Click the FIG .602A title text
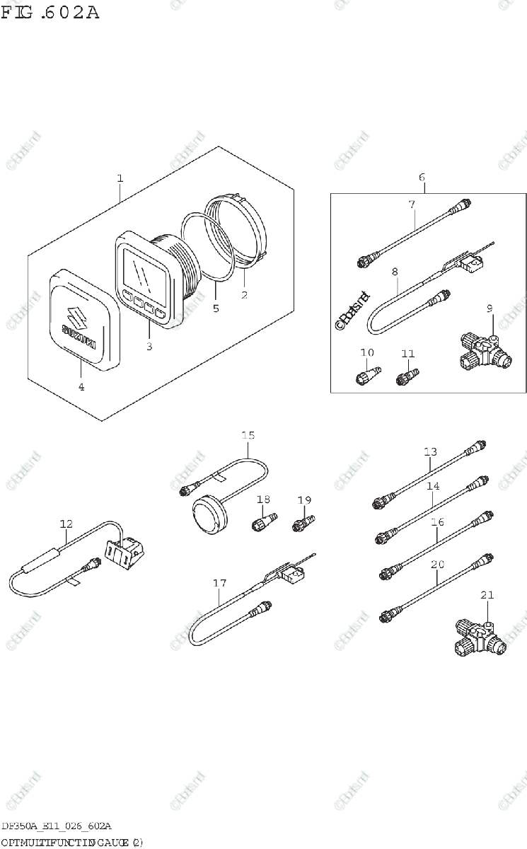coord(51,12)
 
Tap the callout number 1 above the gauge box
coord(120,178)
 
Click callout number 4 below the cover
coord(81,387)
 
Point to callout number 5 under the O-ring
coord(216,308)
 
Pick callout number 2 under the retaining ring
coord(244,295)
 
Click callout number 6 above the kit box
coord(422,178)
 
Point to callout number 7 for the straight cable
coord(411,204)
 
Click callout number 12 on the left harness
coord(66,524)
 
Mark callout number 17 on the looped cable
coord(220,584)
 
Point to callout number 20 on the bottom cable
coord(438,565)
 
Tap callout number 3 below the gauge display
coord(149,346)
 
